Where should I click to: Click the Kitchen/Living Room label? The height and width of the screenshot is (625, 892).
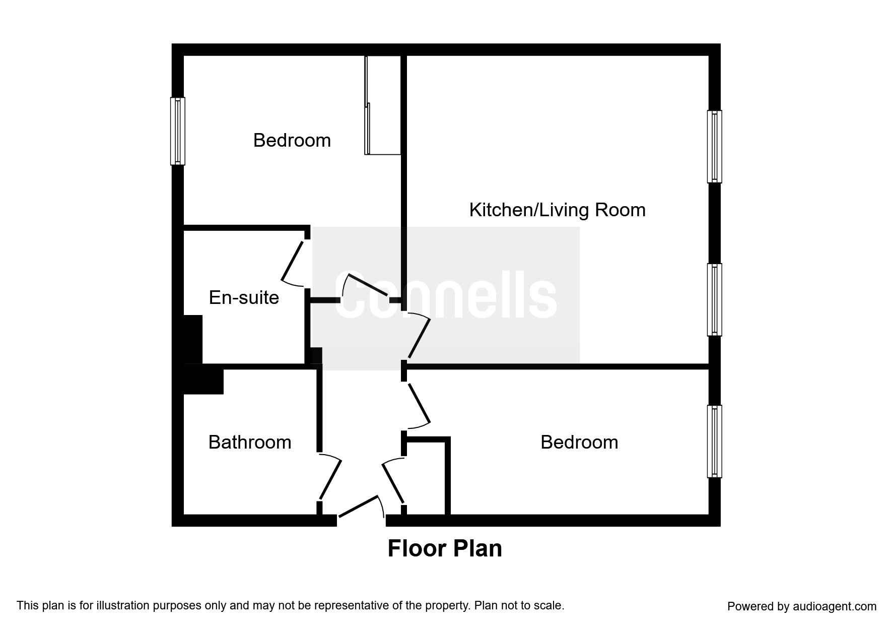click(557, 210)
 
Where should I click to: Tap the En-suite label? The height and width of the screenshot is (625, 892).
click(244, 297)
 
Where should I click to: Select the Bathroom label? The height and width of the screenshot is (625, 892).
click(250, 442)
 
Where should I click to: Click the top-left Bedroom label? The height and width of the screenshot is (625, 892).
click(292, 140)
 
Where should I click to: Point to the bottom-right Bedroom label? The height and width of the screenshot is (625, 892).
click(579, 442)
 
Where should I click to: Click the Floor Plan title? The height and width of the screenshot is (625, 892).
click(445, 548)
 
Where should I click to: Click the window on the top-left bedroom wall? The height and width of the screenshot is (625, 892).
click(178, 131)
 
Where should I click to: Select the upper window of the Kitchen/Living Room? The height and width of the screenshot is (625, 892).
click(714, 146)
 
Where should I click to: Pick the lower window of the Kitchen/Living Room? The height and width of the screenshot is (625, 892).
click(714, 299)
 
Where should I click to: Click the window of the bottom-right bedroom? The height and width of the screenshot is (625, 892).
click(714, 441)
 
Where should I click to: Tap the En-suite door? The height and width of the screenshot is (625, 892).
click(292, 261)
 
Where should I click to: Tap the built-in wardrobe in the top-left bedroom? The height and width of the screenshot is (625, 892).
click(383, 105)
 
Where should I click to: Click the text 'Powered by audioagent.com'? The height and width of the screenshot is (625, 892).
click(802, 606)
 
